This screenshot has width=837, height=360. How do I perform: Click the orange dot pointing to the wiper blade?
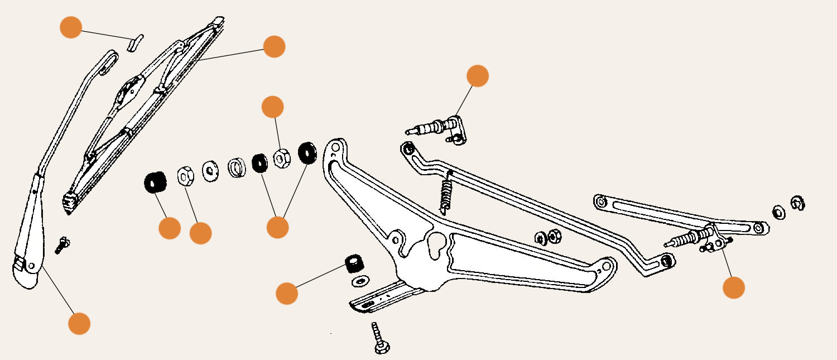tap(274, 46)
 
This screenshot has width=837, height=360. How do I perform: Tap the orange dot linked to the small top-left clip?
tap(71, 27)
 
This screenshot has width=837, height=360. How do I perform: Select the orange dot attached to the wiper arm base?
tap(79, 323)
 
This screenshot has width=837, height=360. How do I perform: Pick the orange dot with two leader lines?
tap(277, 227)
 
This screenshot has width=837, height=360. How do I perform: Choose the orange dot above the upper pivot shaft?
tap(477, 76)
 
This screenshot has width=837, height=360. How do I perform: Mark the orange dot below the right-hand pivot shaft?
tap(733, 287)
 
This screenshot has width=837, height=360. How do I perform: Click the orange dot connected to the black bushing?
tap(287, 294)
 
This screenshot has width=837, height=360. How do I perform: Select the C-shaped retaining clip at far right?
tap(797, 204)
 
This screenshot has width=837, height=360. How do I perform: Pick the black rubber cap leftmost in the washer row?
tap(155, 182)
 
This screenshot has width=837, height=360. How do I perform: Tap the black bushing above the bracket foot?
tap(354, 263)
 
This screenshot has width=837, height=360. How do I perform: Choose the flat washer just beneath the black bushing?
tap(360, 280)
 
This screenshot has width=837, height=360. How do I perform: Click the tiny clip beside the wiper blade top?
tap(135, 42)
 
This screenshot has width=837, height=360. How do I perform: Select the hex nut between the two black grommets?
tap(281, 158)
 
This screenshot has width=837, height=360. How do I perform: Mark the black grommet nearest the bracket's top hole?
tap(307, 152)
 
